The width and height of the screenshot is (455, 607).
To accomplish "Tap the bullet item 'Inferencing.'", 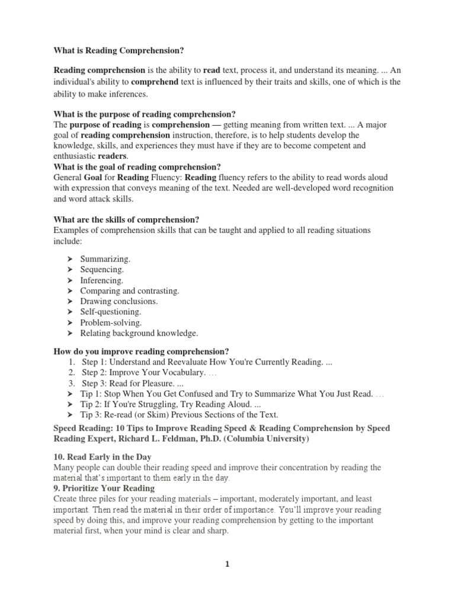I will [102, 280].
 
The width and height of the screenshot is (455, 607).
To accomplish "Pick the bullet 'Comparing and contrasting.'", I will [129, 291].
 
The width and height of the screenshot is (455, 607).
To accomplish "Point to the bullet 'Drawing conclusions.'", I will [119, 302].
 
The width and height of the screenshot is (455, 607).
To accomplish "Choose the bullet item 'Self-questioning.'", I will [111, 312].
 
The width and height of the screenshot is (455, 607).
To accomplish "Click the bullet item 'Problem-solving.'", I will [111, 322].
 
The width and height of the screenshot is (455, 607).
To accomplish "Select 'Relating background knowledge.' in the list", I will [139, 333].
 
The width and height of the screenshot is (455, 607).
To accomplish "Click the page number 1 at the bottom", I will [227, 564].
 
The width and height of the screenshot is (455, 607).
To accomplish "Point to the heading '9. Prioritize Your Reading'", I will [104, 488].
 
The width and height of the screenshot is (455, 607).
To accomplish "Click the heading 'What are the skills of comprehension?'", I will [132, 218].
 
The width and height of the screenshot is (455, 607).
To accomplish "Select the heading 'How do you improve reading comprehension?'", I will [141, 351].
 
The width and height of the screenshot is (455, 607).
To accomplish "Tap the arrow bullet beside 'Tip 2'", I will [69, 404].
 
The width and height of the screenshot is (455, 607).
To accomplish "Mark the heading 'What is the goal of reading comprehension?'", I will [137, 167].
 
